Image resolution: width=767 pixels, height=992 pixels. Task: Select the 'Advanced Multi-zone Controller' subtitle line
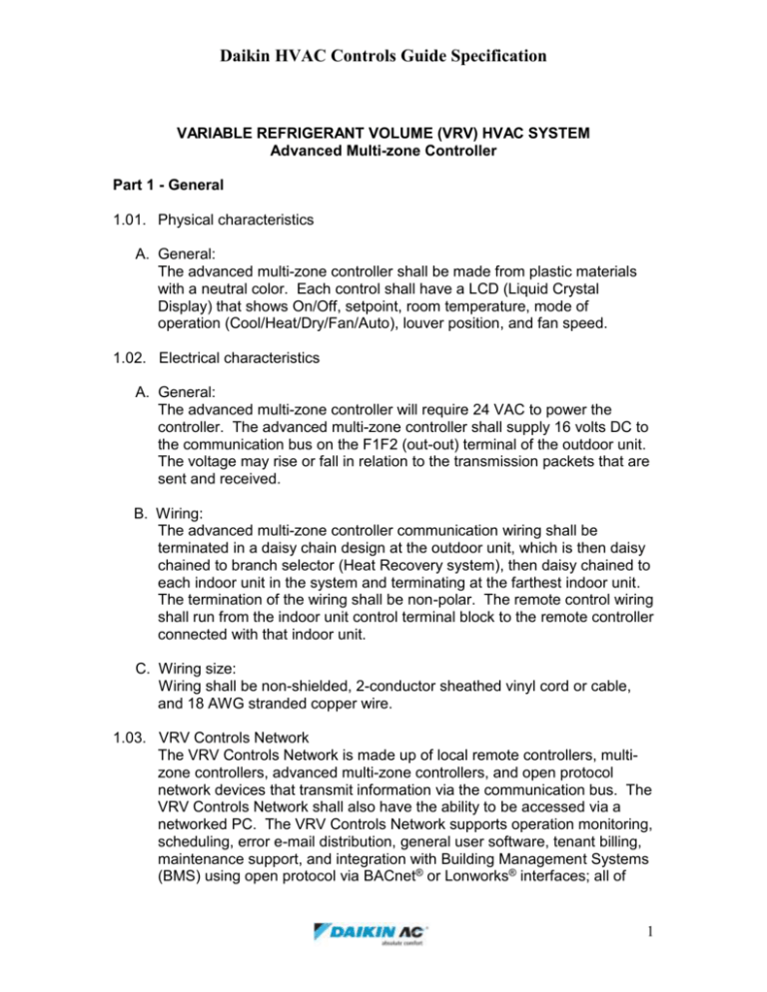[x=383, y=150]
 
